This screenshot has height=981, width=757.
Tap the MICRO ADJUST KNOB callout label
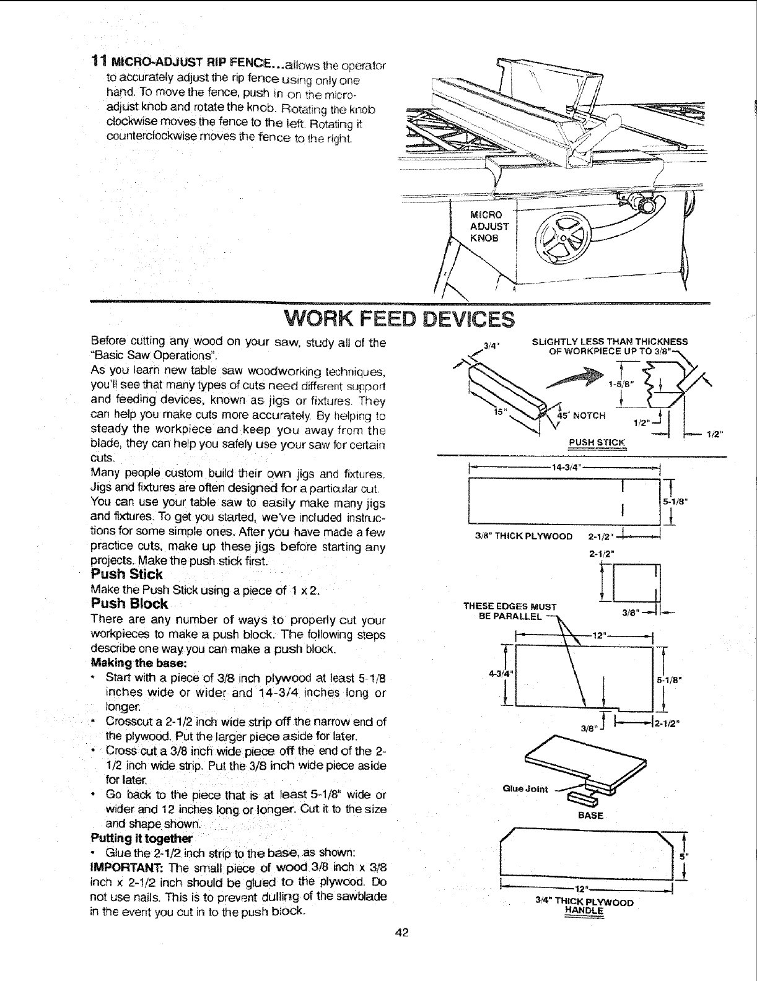tap(489, 226)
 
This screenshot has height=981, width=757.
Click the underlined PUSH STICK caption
tap(597, 442)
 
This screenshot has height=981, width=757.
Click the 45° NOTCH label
tap(585, 414)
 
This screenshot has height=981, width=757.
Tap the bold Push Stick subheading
tap(126, 574)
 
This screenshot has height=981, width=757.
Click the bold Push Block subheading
tap(129, 604)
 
